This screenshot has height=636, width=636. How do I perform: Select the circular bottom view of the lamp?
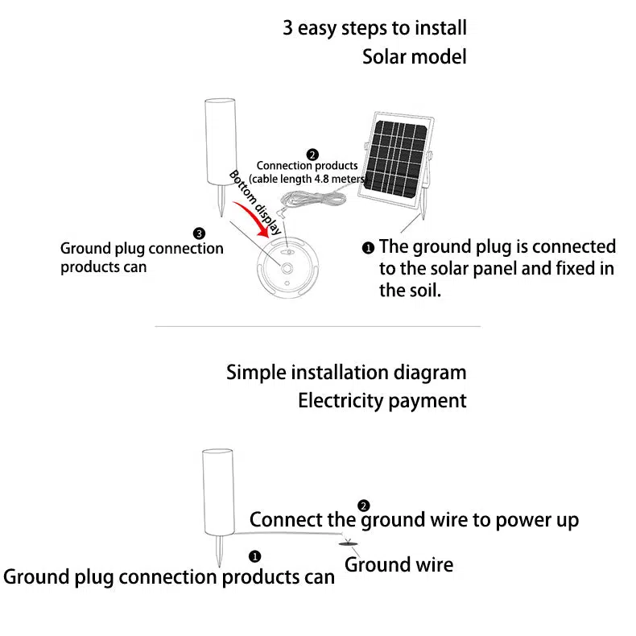(x=287, y=265)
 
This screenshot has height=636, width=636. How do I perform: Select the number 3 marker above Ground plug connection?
(x=200, y=233)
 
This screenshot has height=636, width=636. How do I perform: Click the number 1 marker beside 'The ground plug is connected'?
(x=368, y=247)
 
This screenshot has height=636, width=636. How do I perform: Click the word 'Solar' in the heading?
(x=383, y=57)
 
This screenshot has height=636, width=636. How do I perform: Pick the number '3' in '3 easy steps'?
(x=287, y=29)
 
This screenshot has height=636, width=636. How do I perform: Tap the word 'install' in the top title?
(x=440, y=29)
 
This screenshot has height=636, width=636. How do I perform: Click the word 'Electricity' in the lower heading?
(x=341, y=400)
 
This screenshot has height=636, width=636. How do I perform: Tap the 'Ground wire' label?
(x=399, y=565)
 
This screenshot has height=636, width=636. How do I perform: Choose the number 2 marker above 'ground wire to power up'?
(x=364, y=506)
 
